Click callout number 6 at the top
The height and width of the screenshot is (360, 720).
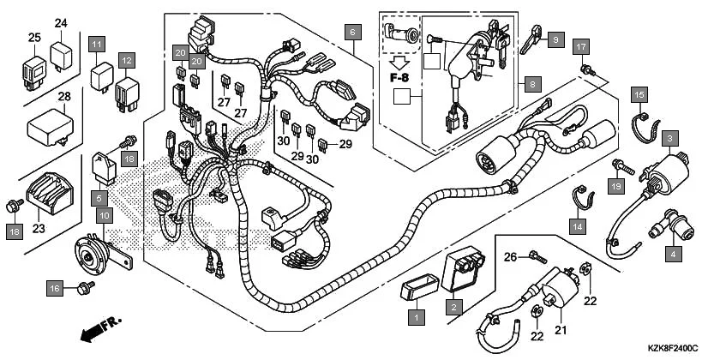tap(351, 32)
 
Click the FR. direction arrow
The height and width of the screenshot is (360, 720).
tap(98, 328)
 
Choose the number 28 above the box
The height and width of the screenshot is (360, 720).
tap(64, 97)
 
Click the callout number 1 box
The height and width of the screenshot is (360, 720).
tap(417, 317)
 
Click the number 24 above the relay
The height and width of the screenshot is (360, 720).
tap(61, 23)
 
